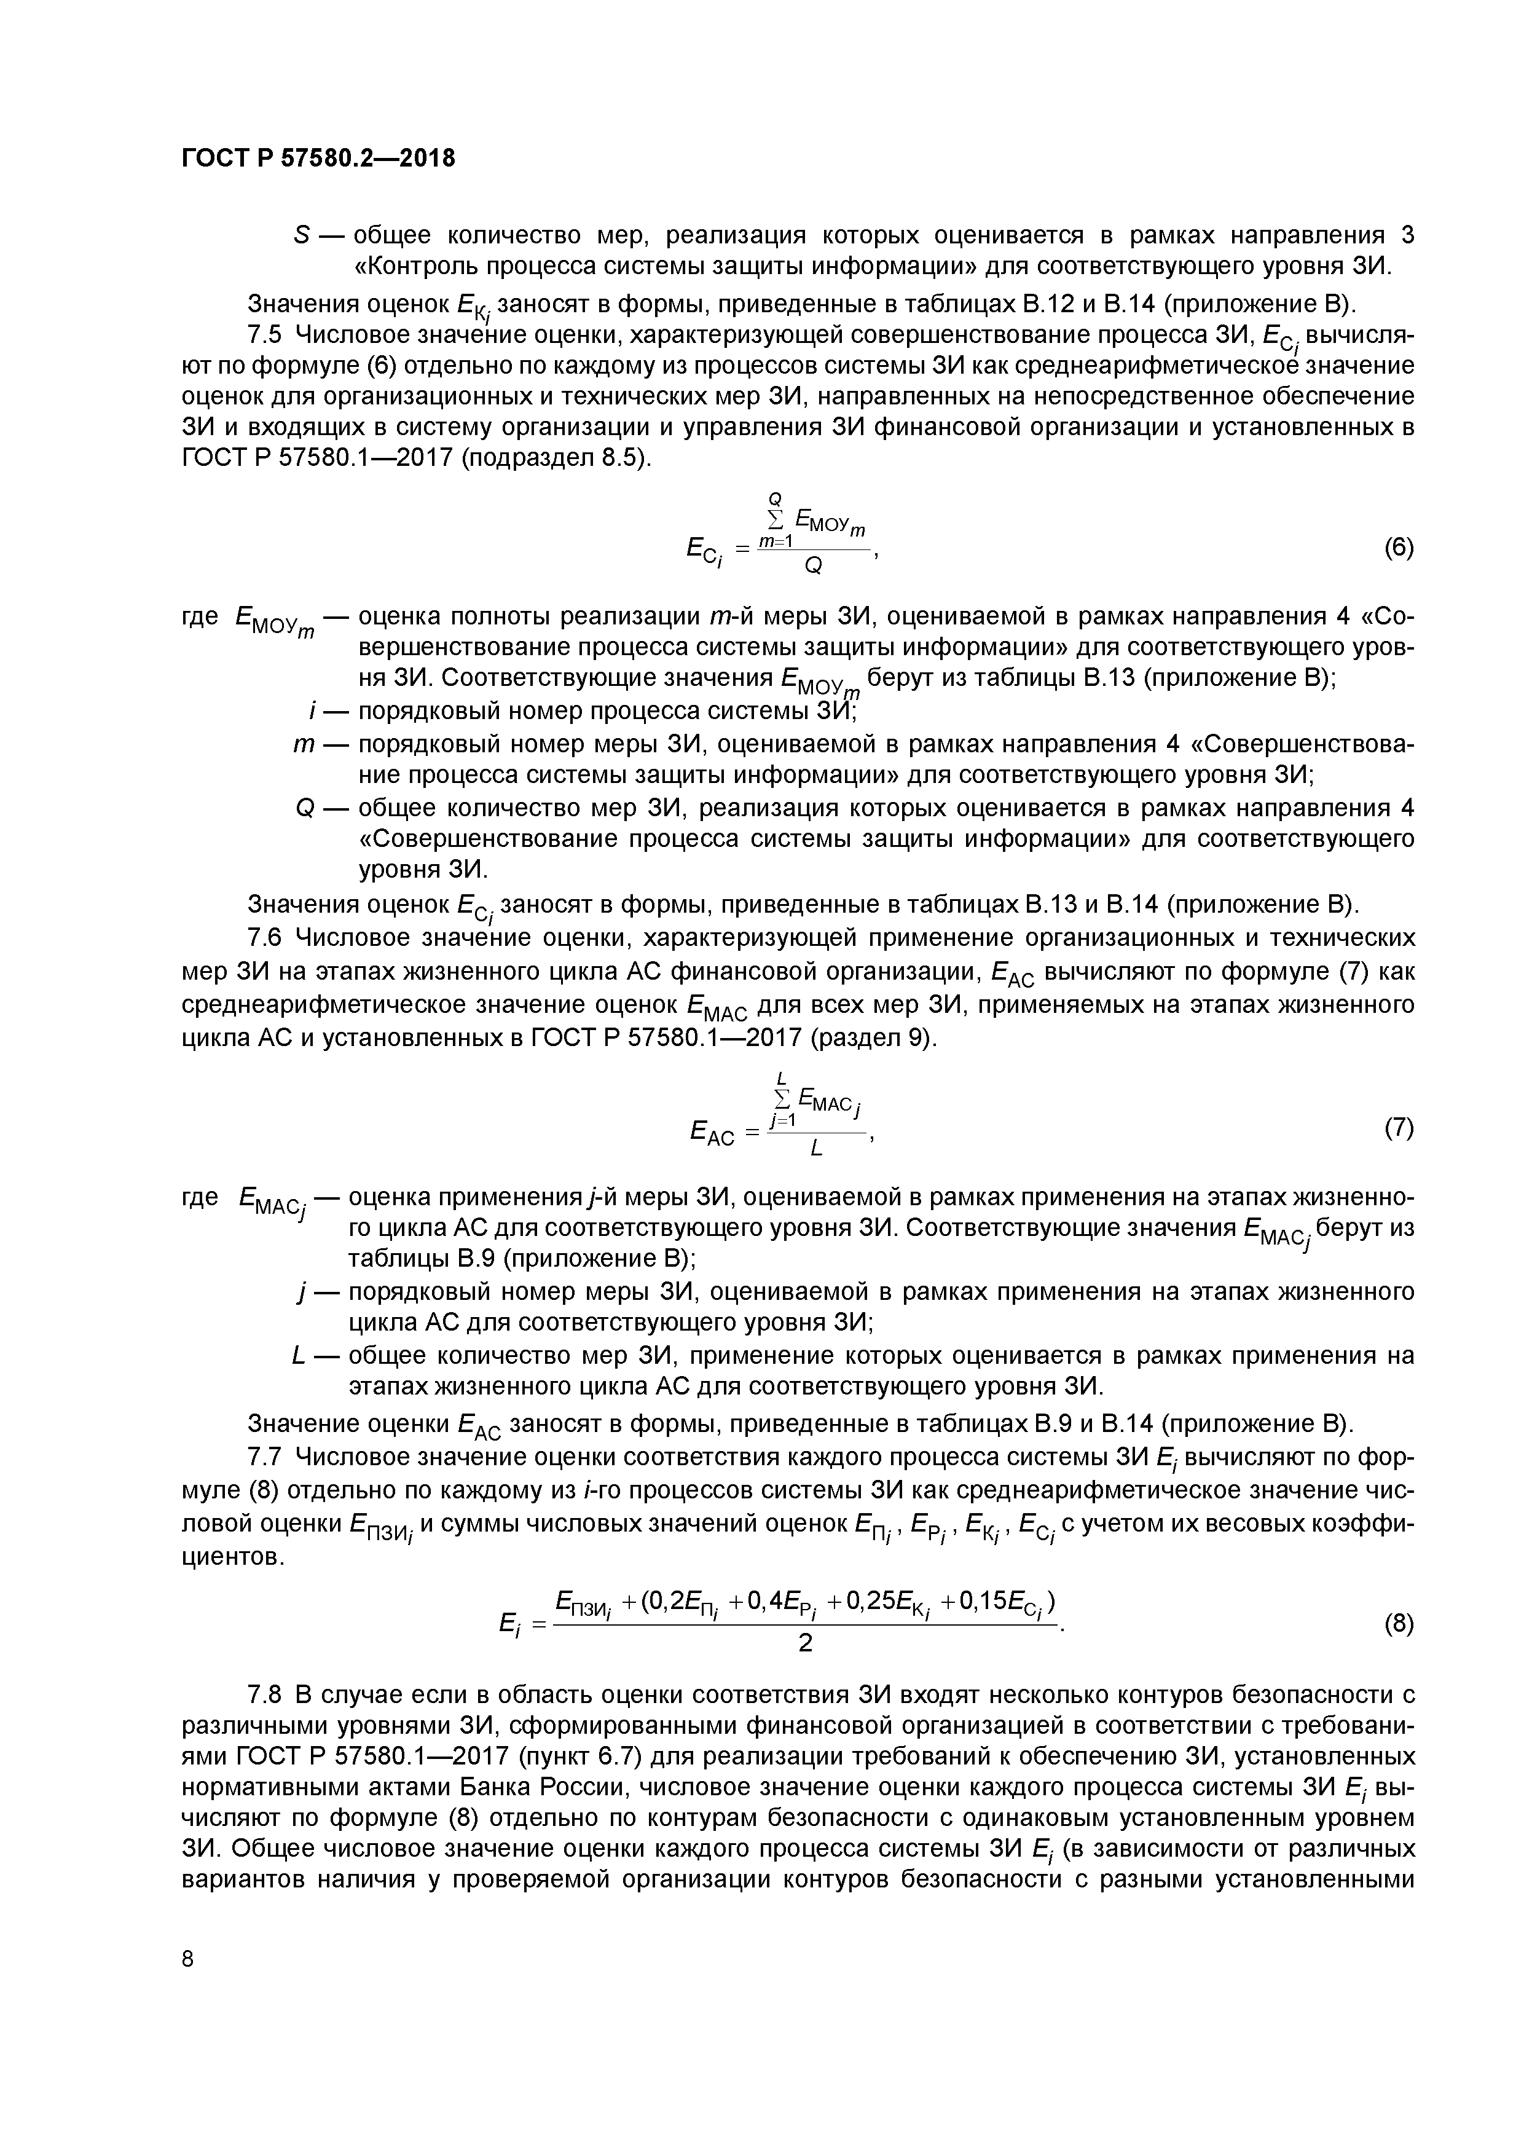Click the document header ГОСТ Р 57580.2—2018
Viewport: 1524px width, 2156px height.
click(317, 159)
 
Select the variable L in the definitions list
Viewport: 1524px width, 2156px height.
click(299, 1356)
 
